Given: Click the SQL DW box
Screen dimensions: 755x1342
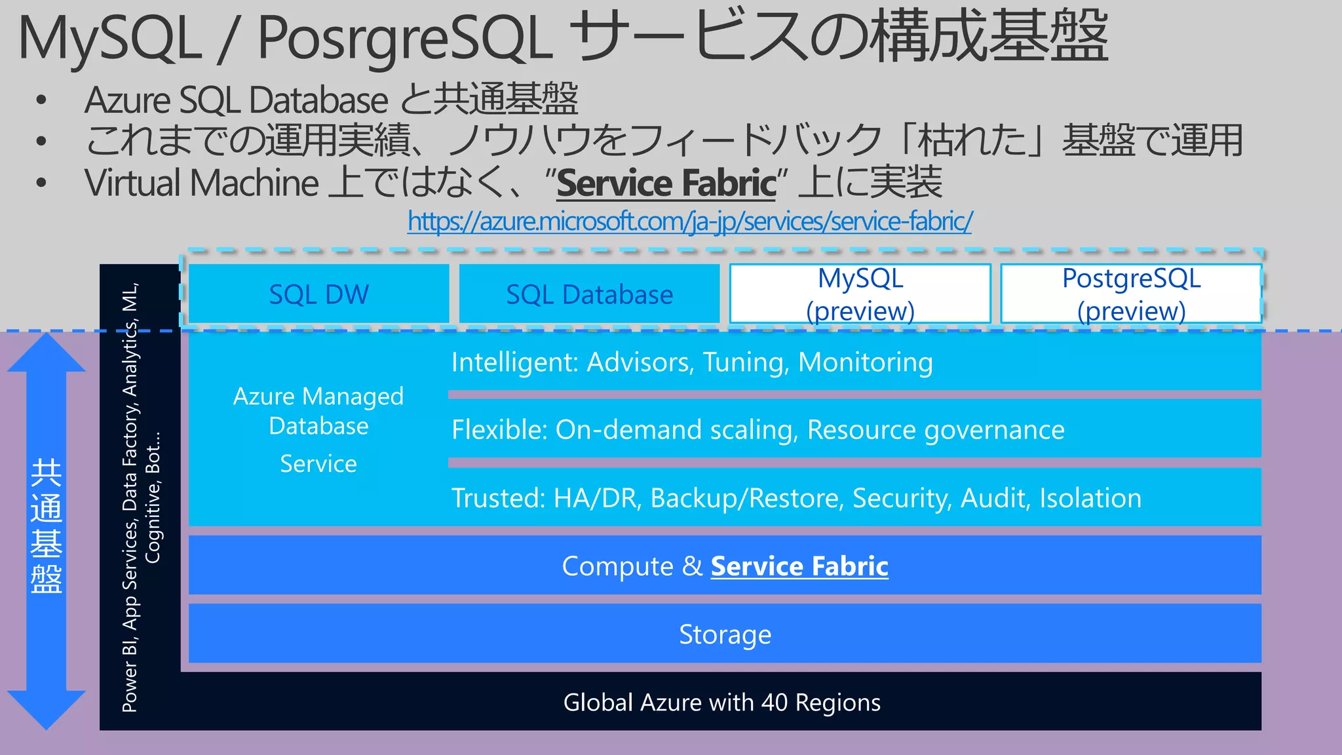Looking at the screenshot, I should point(318,294).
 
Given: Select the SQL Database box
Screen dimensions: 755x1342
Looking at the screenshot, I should point(589,294).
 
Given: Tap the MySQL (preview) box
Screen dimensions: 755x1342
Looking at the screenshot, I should point(860,294).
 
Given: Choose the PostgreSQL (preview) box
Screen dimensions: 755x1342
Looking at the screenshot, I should point(1131,294).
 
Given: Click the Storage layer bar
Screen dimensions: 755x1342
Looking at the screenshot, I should point(725,634).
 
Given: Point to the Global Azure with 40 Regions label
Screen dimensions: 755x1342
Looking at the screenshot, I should point(721,702).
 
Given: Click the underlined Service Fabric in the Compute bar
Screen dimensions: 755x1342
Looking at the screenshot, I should point(799,566).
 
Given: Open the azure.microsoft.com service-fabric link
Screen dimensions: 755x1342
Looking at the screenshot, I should point(689,222).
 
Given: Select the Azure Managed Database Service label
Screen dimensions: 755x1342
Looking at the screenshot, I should point(318,428).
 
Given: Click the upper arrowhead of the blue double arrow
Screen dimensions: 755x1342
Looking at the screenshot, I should point(46,353).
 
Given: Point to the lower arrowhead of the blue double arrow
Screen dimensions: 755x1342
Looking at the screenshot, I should point(46,709).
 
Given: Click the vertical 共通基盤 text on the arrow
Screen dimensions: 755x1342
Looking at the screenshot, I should point(46,526).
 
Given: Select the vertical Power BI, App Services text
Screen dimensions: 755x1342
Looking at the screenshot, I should point(131,498).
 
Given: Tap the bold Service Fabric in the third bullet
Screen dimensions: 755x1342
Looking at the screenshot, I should point(666,183).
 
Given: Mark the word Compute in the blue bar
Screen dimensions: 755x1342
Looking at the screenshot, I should point(617,566).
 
